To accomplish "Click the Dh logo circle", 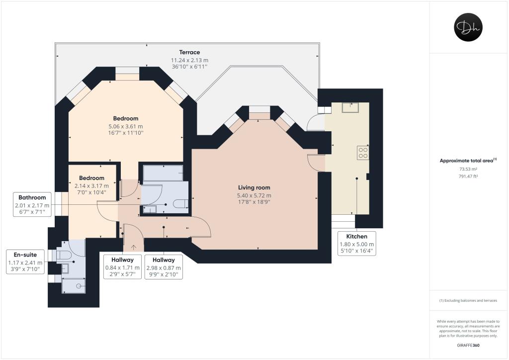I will click(x=469, y=27).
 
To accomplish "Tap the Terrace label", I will click(x=189, y=52).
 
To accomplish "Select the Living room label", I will click(x=254, y=187).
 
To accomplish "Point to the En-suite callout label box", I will click(x=26, y=262).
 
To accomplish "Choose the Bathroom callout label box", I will click(x=32, y=204).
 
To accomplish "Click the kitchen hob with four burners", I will click(x=363, y=153).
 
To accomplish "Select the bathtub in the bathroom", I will click(x=163, y=173).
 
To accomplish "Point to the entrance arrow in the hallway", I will click(x=133, y=246).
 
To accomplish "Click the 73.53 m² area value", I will click(x=468, y=169).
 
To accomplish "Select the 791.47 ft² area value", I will click(x=468, y=176).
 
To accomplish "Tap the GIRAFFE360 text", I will click(x=468, y=345).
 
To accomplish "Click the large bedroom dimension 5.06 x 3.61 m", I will click(x=125, y=126).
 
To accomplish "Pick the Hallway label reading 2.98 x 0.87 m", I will click(x=164, y=268).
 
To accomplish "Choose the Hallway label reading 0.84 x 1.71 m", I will click(x=123, y=268).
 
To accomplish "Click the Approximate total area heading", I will click(x=468, y=160).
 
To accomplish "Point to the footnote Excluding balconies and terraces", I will click(x=468, y=300).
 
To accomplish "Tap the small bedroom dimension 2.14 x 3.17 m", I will click(x=92, y=185).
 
